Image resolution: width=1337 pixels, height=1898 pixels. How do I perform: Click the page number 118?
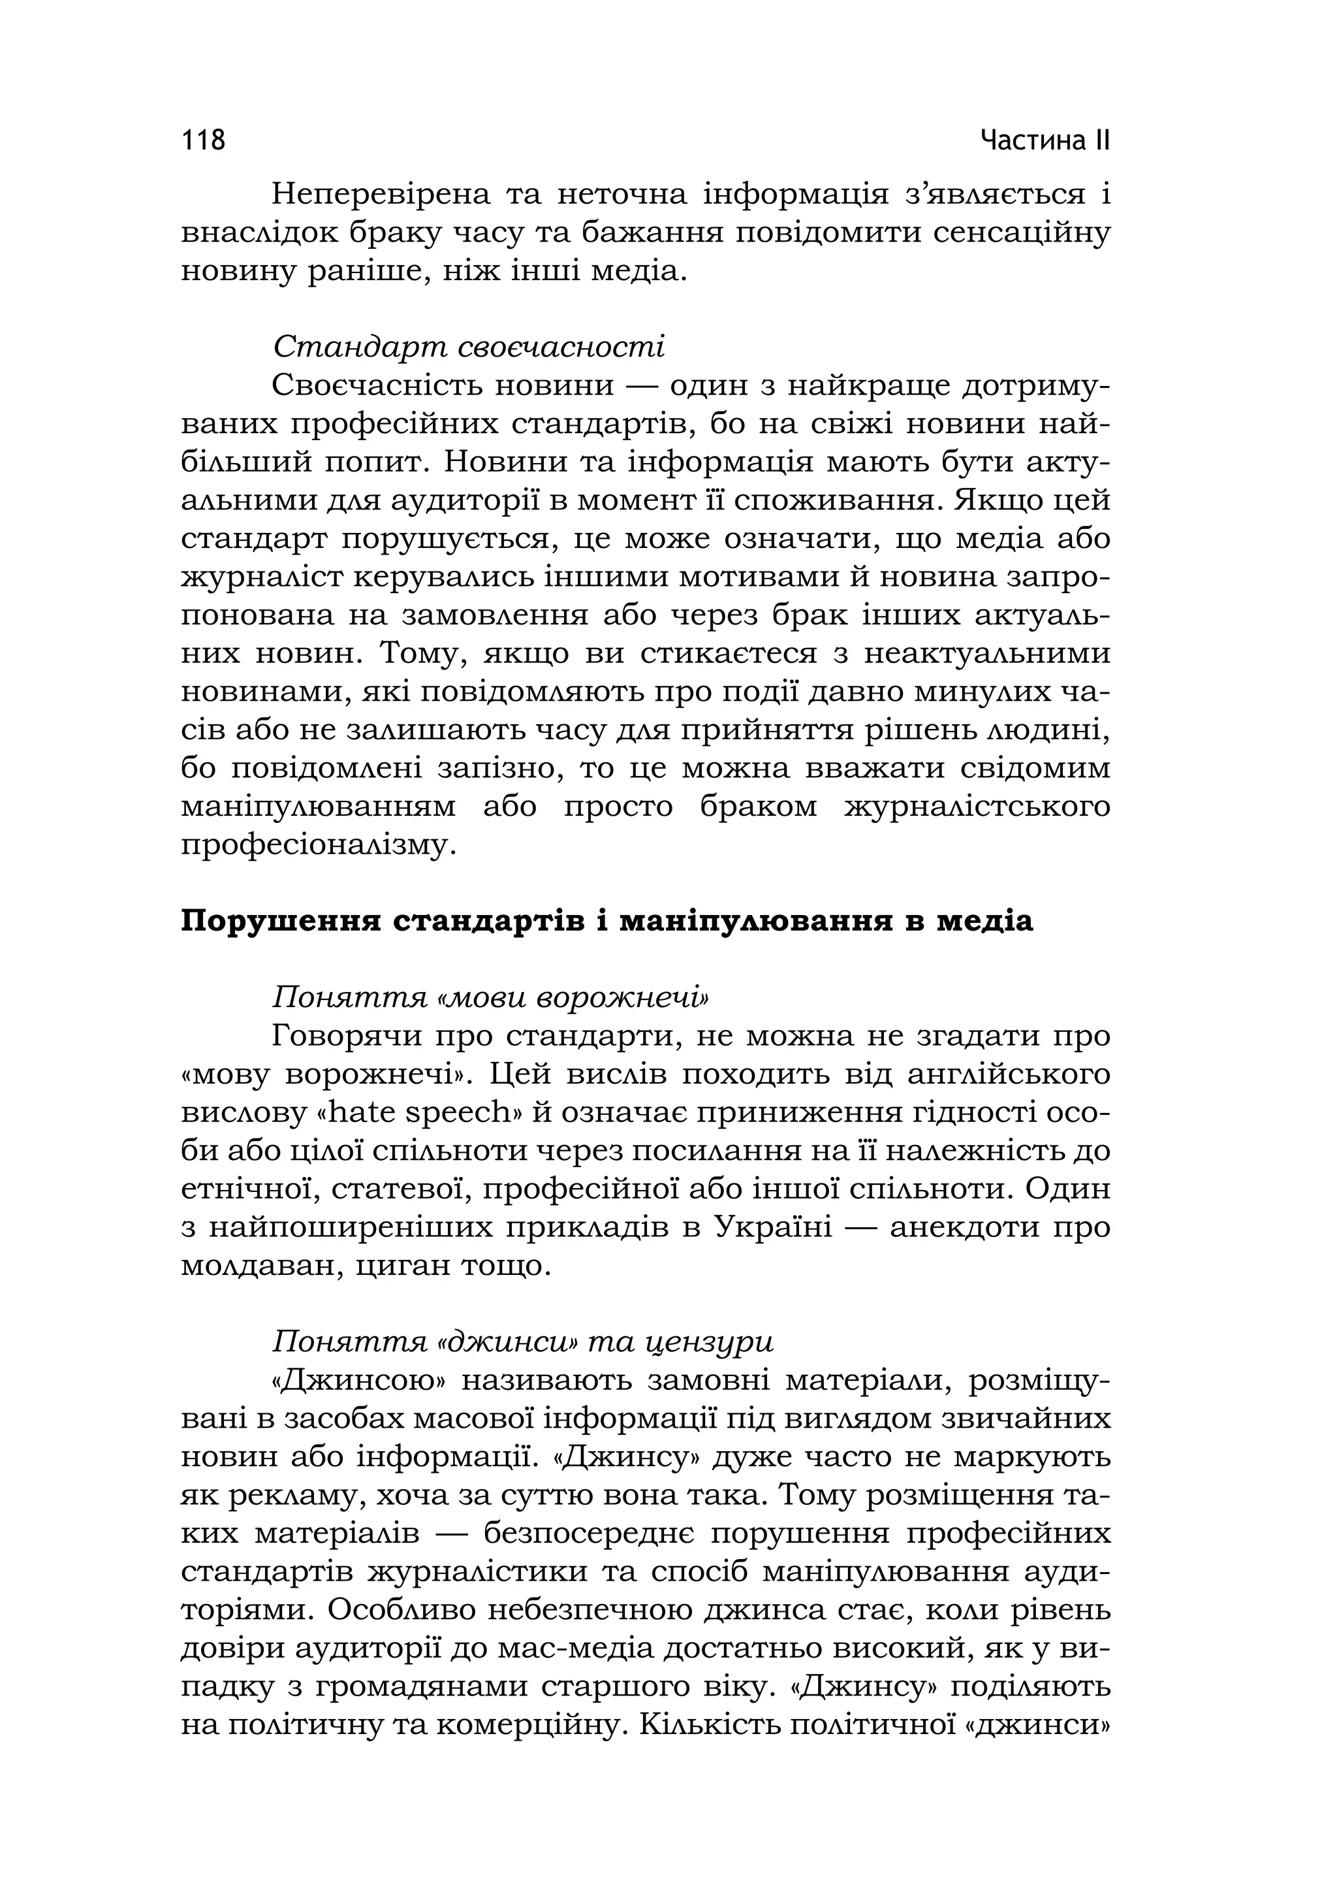click(203, 140)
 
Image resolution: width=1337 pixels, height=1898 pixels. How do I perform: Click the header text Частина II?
click(1045, 140)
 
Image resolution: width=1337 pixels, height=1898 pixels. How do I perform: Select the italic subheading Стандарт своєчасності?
click(469, 346)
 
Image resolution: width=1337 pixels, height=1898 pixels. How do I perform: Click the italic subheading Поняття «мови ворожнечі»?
click(491, 998)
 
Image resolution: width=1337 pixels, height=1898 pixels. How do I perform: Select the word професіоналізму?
click(318, 846)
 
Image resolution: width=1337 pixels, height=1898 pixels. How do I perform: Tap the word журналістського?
click(977, 807)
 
